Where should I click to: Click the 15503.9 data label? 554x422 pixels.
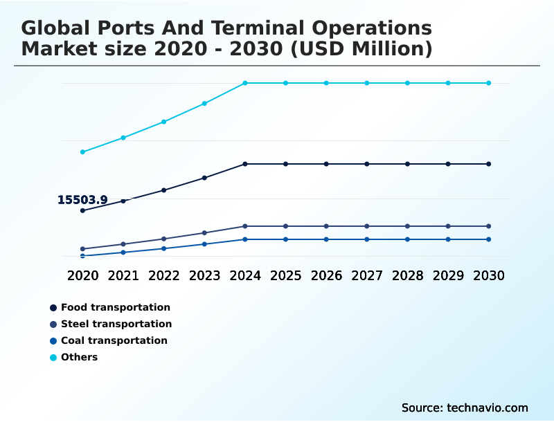(82, 200)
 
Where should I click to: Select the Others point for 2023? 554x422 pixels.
(204, 104)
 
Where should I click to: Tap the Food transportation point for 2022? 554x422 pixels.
(164, 190)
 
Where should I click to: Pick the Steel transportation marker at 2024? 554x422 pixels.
(245, 226)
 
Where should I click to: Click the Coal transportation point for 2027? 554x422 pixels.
(367, 239)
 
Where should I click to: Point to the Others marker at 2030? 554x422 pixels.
(488, 83)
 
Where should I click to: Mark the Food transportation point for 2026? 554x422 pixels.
(326, 164)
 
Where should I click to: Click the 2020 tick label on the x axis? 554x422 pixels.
(83, 275)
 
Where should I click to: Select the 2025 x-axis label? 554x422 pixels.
(285, 275)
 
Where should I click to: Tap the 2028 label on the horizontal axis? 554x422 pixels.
(407, 275)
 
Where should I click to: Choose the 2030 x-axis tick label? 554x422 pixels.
(488, 275)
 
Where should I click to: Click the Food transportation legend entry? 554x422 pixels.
(115, 307)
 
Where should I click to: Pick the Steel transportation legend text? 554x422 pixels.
(116, 324)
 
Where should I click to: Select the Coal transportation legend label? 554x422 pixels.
(114, 340)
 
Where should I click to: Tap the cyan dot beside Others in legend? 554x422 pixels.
(53, 358)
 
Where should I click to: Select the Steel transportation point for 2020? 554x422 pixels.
(83, 249)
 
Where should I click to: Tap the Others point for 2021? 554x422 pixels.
(123, 138)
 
